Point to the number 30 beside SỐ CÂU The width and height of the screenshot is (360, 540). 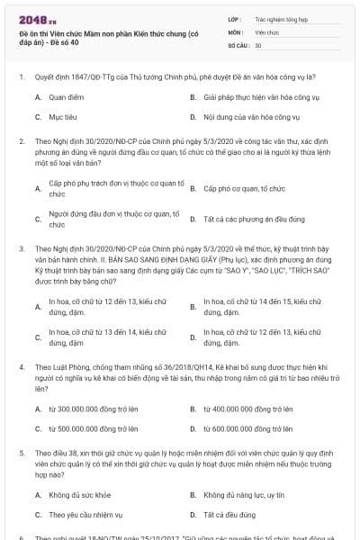(259, 44)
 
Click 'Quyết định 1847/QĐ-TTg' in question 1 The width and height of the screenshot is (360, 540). (69, 77)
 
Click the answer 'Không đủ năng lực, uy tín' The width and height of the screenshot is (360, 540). (244, 494)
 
